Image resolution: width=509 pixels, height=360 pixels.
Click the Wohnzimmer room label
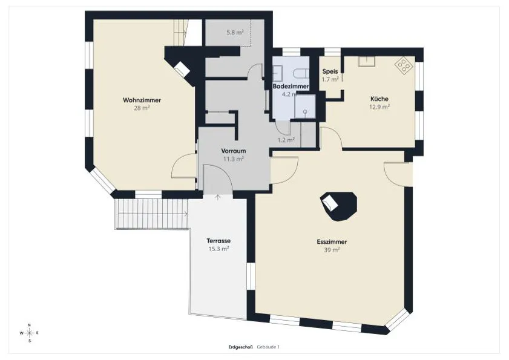click(x=142, y=100)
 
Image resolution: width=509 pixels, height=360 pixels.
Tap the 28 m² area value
click(x=142, y=108)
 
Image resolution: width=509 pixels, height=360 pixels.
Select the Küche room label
click(x=379, y=99)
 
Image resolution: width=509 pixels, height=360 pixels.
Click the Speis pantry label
click(x=330, y=71)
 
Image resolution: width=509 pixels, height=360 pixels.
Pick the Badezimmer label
click(x=291, y=87)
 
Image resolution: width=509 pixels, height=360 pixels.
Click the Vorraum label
click(x=234, y=151)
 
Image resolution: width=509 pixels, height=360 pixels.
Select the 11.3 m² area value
click(x=234, y=159)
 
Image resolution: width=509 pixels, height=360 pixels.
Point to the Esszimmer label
click(x=332, y=242)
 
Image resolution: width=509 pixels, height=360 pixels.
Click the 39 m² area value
click(x=332, y=250)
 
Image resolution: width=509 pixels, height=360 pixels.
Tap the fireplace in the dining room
click(x=338, y=206)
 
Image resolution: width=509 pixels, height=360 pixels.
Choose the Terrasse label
click(x=218, y=241)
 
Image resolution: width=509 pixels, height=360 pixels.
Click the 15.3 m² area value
click(x=218, y=249)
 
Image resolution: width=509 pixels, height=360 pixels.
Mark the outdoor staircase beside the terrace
click(x=151, y=214)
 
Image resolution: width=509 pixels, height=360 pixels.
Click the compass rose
click(x=29, y=333)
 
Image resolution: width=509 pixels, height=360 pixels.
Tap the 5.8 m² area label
click(x=235, y=32)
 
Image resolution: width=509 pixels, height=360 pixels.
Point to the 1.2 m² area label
click(x=286, y=140)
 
